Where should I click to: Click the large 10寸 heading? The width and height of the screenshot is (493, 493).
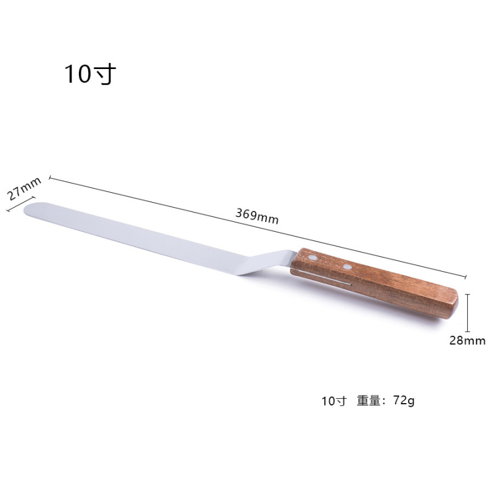pyautogui.click(x=90, y=74)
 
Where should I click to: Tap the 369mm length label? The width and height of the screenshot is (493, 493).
pyautogui.click(x=257, y=216)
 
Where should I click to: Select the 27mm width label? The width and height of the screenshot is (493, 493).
pyautogui.click(x=24, y=189)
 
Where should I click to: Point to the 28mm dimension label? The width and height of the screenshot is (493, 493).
pyautogui.click(x=467, y=341)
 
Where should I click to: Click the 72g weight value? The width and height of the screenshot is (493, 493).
pyautogui.click(x=404, y=401)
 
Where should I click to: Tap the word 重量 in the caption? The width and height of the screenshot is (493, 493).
pyautogui.click(x=369, y=401)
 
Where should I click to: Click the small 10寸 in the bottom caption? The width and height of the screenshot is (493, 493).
pyautogui.click(x=333, y=401)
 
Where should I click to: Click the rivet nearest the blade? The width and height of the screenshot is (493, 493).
pyautogui.click(x=312, y=258)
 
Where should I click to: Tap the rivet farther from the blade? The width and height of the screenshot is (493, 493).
pyautogui.click(x=347, y=267)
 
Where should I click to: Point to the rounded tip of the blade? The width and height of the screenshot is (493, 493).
pyautogui.click(x=26, y=209)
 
